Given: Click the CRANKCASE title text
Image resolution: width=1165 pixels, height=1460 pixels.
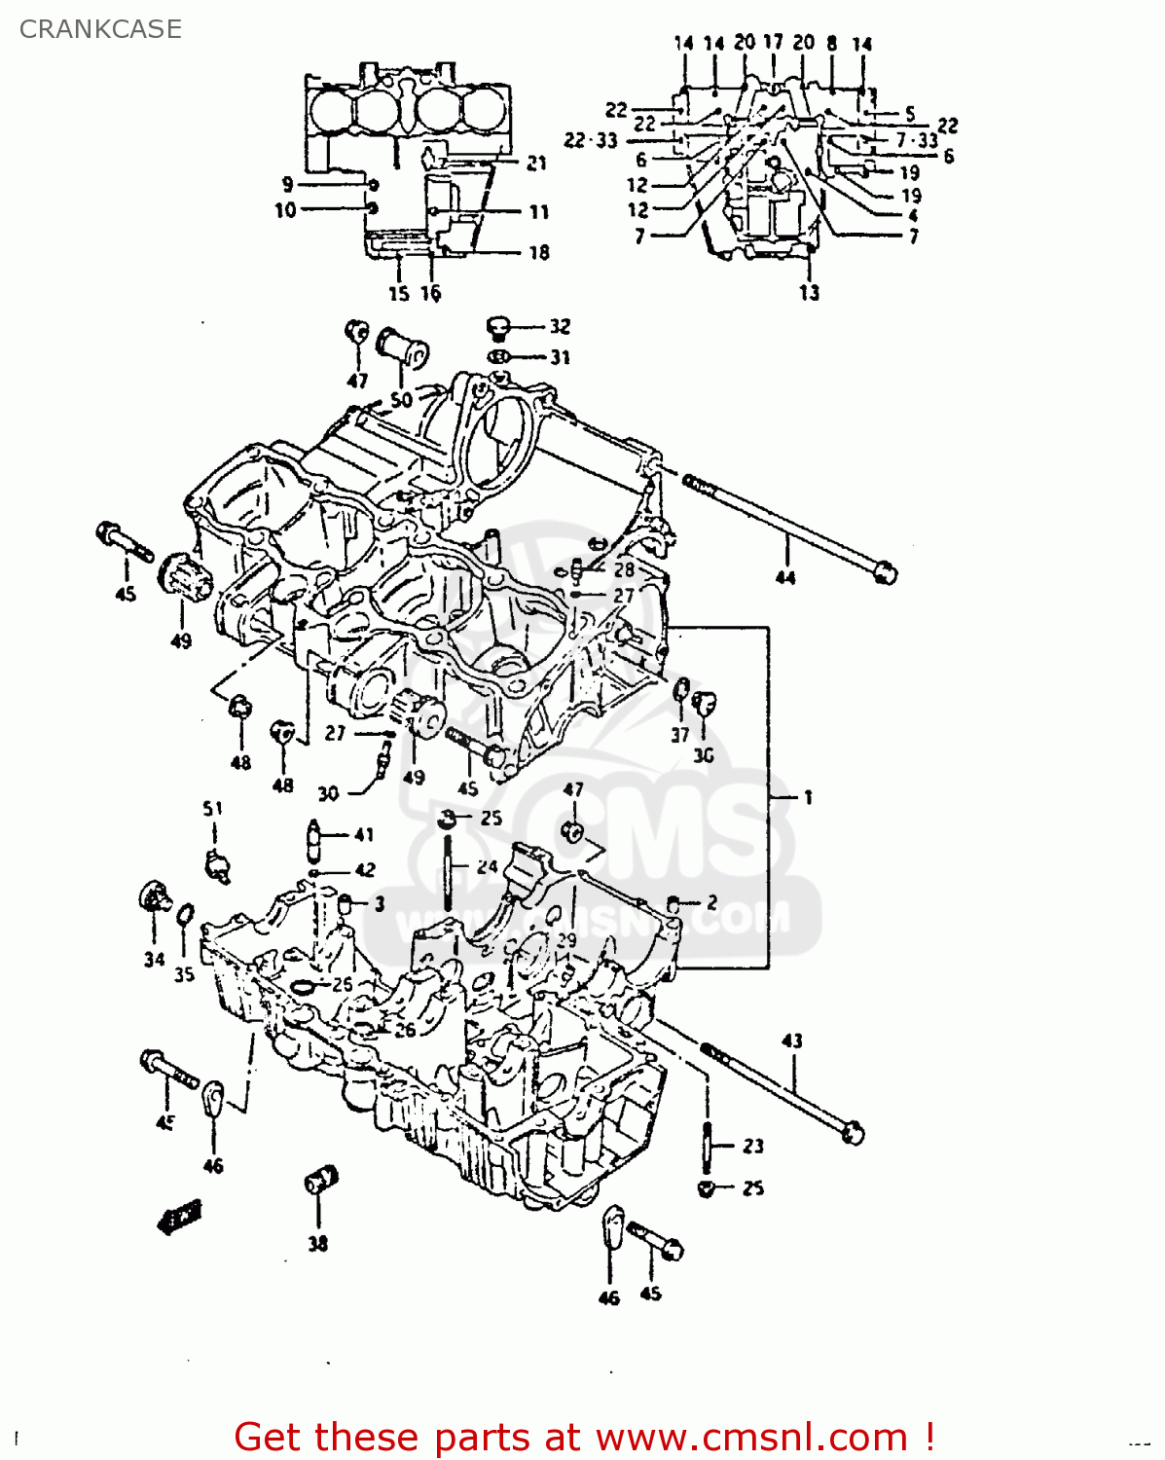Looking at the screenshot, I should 100,29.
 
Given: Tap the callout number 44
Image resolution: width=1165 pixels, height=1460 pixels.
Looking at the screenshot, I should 784,577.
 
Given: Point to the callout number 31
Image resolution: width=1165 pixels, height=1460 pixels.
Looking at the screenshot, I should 560,357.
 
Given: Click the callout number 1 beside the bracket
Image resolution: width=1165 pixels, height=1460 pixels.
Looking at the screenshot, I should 807,797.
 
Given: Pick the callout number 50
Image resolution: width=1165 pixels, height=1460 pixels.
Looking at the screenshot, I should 401,399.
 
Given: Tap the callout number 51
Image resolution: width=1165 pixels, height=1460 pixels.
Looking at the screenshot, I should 212,808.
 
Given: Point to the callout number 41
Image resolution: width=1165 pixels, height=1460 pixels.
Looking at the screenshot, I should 364,834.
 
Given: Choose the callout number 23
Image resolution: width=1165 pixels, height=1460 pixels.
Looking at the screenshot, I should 753,1146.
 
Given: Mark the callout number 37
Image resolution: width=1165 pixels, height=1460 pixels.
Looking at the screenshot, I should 679,735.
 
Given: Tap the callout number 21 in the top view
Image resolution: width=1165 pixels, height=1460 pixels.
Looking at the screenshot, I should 536,164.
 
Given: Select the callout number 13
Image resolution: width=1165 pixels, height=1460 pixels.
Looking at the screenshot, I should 809,292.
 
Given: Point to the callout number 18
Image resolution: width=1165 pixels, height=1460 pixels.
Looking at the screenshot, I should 538,253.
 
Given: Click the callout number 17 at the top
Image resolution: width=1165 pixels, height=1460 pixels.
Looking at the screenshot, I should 773,42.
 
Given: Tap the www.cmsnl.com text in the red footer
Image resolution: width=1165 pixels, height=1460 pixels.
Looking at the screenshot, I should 751,1437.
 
